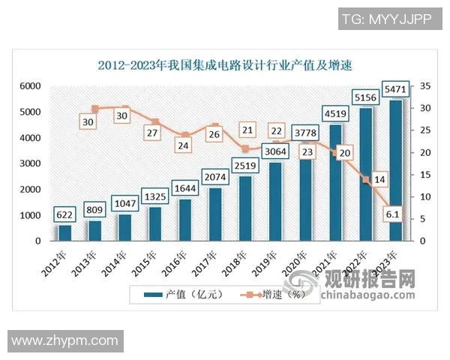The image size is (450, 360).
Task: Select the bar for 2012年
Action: pyautogui.click(x=65, y=232)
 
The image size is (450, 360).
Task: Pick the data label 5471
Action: pyautogui.click(x=397, y=89)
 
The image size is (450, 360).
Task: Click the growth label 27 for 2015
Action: pyautogui.click(x=154, y=133)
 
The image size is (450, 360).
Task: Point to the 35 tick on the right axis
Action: pyautogui.click(x=424, y=87)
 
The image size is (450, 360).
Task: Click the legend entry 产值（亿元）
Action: pyautogui.click(x=188, y=294)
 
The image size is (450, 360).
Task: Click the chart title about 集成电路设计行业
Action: pyautogui.click(x=225, y=65)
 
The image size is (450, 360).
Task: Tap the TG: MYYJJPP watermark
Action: pyautogui.click(x=387, y=19)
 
